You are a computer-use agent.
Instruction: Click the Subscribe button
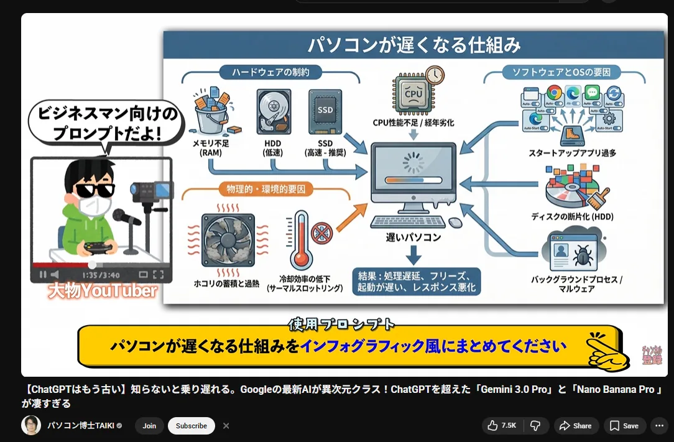coord(191,426)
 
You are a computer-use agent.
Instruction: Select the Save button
coord(624,426)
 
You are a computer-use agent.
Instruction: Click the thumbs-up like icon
coord(492,426)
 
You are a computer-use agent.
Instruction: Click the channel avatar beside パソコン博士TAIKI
coord(31,425)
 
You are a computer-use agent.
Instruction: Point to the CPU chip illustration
coord(413,94)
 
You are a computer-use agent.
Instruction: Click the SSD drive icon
coord(325,112)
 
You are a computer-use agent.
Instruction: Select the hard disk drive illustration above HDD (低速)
coord(273,113)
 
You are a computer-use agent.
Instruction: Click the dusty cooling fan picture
coord(228,240)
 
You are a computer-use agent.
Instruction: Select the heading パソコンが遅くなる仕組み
coord(414,45)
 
